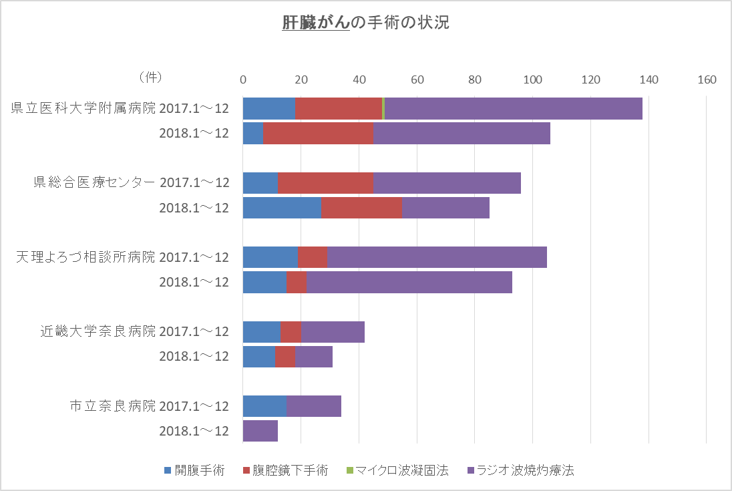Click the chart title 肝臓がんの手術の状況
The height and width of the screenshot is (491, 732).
tap(365, 23)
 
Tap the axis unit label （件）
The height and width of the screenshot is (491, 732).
tap(150, 78)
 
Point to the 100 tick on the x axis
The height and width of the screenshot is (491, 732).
tap(532, 80)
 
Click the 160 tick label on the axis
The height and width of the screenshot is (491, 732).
tap(706, 80)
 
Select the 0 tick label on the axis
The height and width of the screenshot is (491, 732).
tap(243, 80)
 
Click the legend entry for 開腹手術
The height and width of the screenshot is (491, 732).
tap(194, 470)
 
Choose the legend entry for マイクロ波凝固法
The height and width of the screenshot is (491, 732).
tap(397, 470)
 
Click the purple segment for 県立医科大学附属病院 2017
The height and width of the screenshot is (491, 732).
tap(513, 108)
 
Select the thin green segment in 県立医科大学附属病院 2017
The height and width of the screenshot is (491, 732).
tap(383, 108)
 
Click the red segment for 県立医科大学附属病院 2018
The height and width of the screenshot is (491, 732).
tap(318, 133)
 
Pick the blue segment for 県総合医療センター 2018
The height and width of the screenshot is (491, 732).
tap(282, 208)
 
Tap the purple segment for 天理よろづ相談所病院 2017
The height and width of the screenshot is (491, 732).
tap(437, 257)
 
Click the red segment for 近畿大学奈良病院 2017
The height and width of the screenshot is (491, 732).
tap(291, 332)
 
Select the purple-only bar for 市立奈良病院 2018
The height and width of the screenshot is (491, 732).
tap(260, 431)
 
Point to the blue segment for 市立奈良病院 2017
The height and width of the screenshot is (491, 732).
tap(264, 406)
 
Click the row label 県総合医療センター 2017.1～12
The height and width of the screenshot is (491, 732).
tap(132, 183)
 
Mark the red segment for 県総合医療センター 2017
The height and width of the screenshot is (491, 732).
tap(325, 183)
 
